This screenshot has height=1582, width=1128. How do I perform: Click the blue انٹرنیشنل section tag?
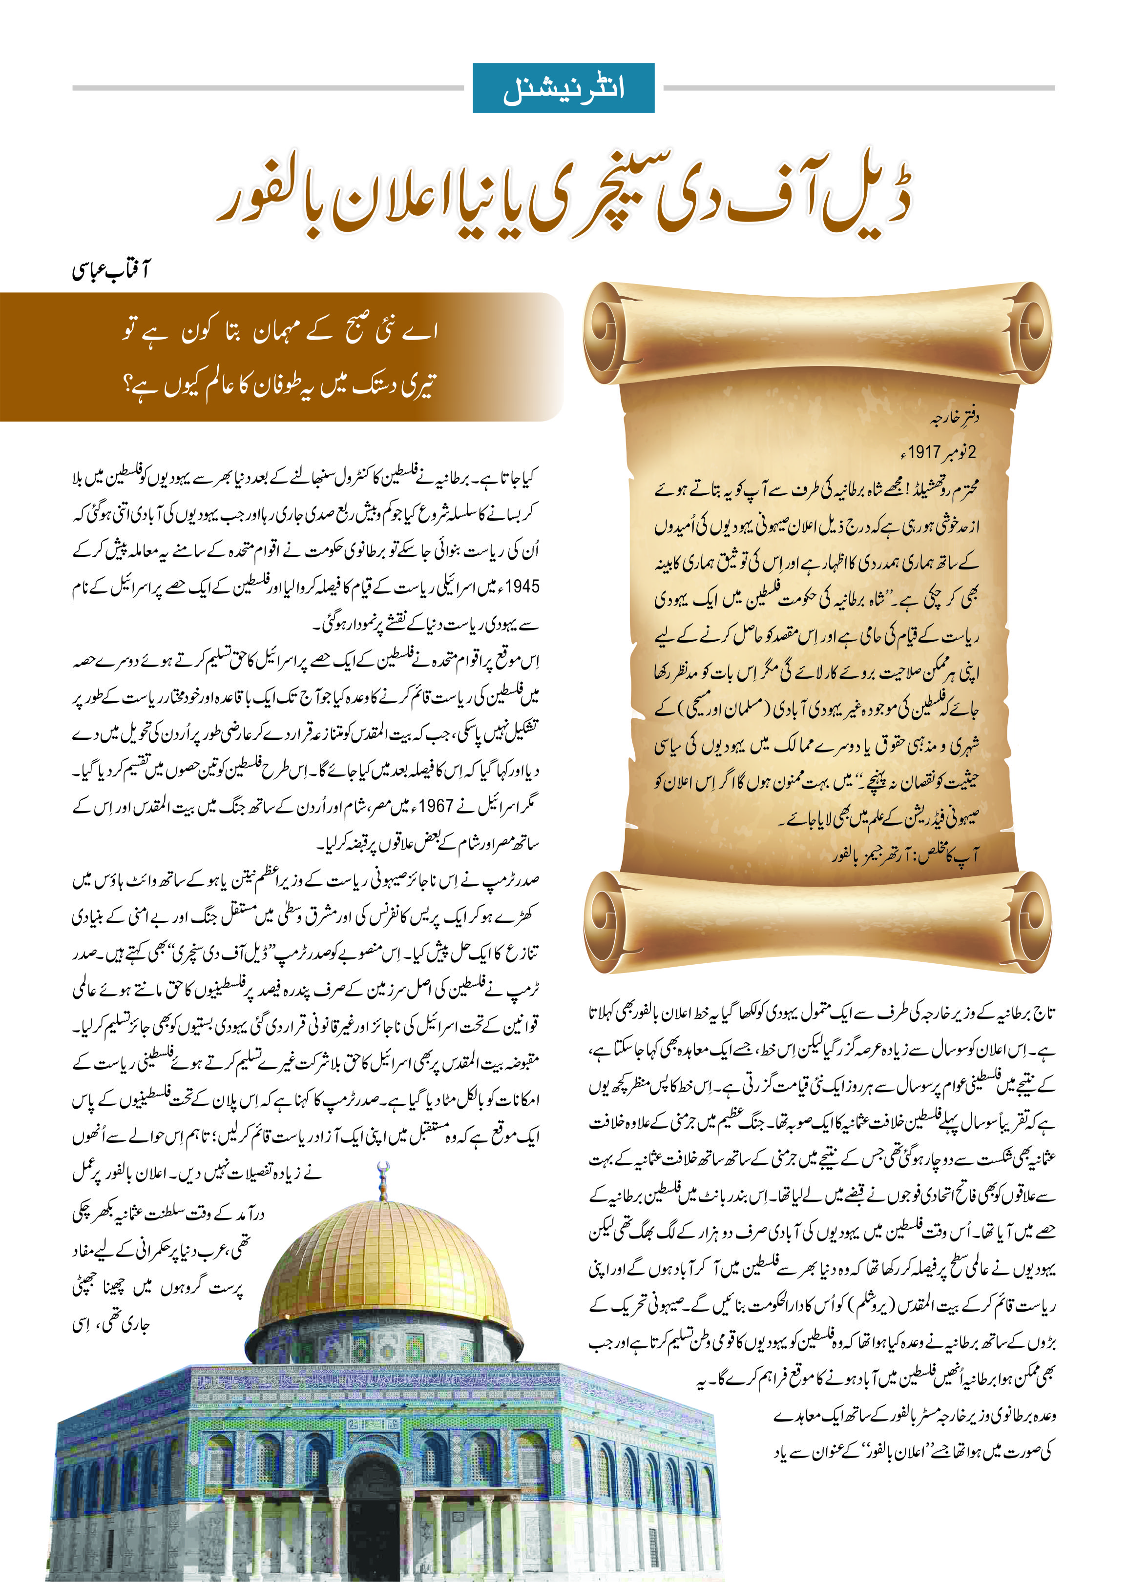point(564,88)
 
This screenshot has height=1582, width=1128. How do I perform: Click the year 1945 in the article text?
point(522,587)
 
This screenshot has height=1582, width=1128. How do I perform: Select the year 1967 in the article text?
point(436,806)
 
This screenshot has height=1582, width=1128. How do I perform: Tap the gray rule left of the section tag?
point(268,88)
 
